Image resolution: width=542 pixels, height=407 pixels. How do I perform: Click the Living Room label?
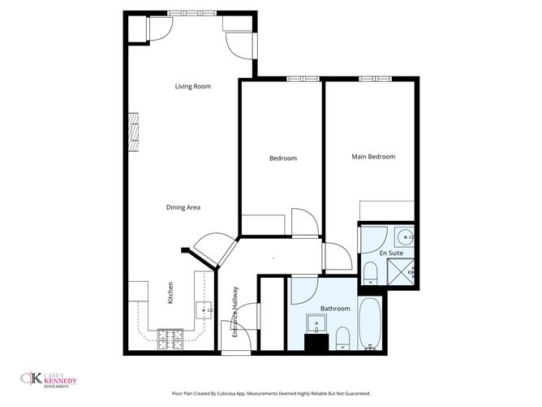coord(193,85)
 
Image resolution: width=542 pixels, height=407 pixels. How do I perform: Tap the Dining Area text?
coord(183,207)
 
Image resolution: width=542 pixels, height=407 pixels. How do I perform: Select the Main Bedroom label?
coord(373,156)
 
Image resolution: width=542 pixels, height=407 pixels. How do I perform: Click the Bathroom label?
coord(335,308)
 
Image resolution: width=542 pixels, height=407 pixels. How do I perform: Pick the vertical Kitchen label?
coord(170,292)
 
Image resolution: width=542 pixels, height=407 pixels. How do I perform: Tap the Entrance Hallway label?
coord(235,311)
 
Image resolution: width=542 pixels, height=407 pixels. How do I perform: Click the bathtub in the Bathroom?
coord(371,325)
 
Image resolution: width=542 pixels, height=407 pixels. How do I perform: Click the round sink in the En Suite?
coord(405,237)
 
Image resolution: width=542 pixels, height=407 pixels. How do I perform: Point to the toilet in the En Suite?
coord(370,272)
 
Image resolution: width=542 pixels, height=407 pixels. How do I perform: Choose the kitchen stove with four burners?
coord(171,339)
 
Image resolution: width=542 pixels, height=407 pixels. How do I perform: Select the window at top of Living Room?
coord(193,13)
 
